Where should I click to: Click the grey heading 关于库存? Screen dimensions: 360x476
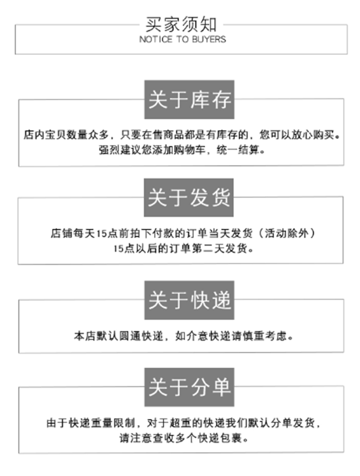(189, 100)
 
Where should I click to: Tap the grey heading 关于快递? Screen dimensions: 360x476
(189, 300)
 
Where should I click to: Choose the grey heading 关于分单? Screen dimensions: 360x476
(189, 387)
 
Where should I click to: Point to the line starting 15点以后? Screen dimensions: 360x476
(181, 249)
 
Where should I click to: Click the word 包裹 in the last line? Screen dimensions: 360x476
(236, 438)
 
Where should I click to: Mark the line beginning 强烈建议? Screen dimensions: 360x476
(181, 150)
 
